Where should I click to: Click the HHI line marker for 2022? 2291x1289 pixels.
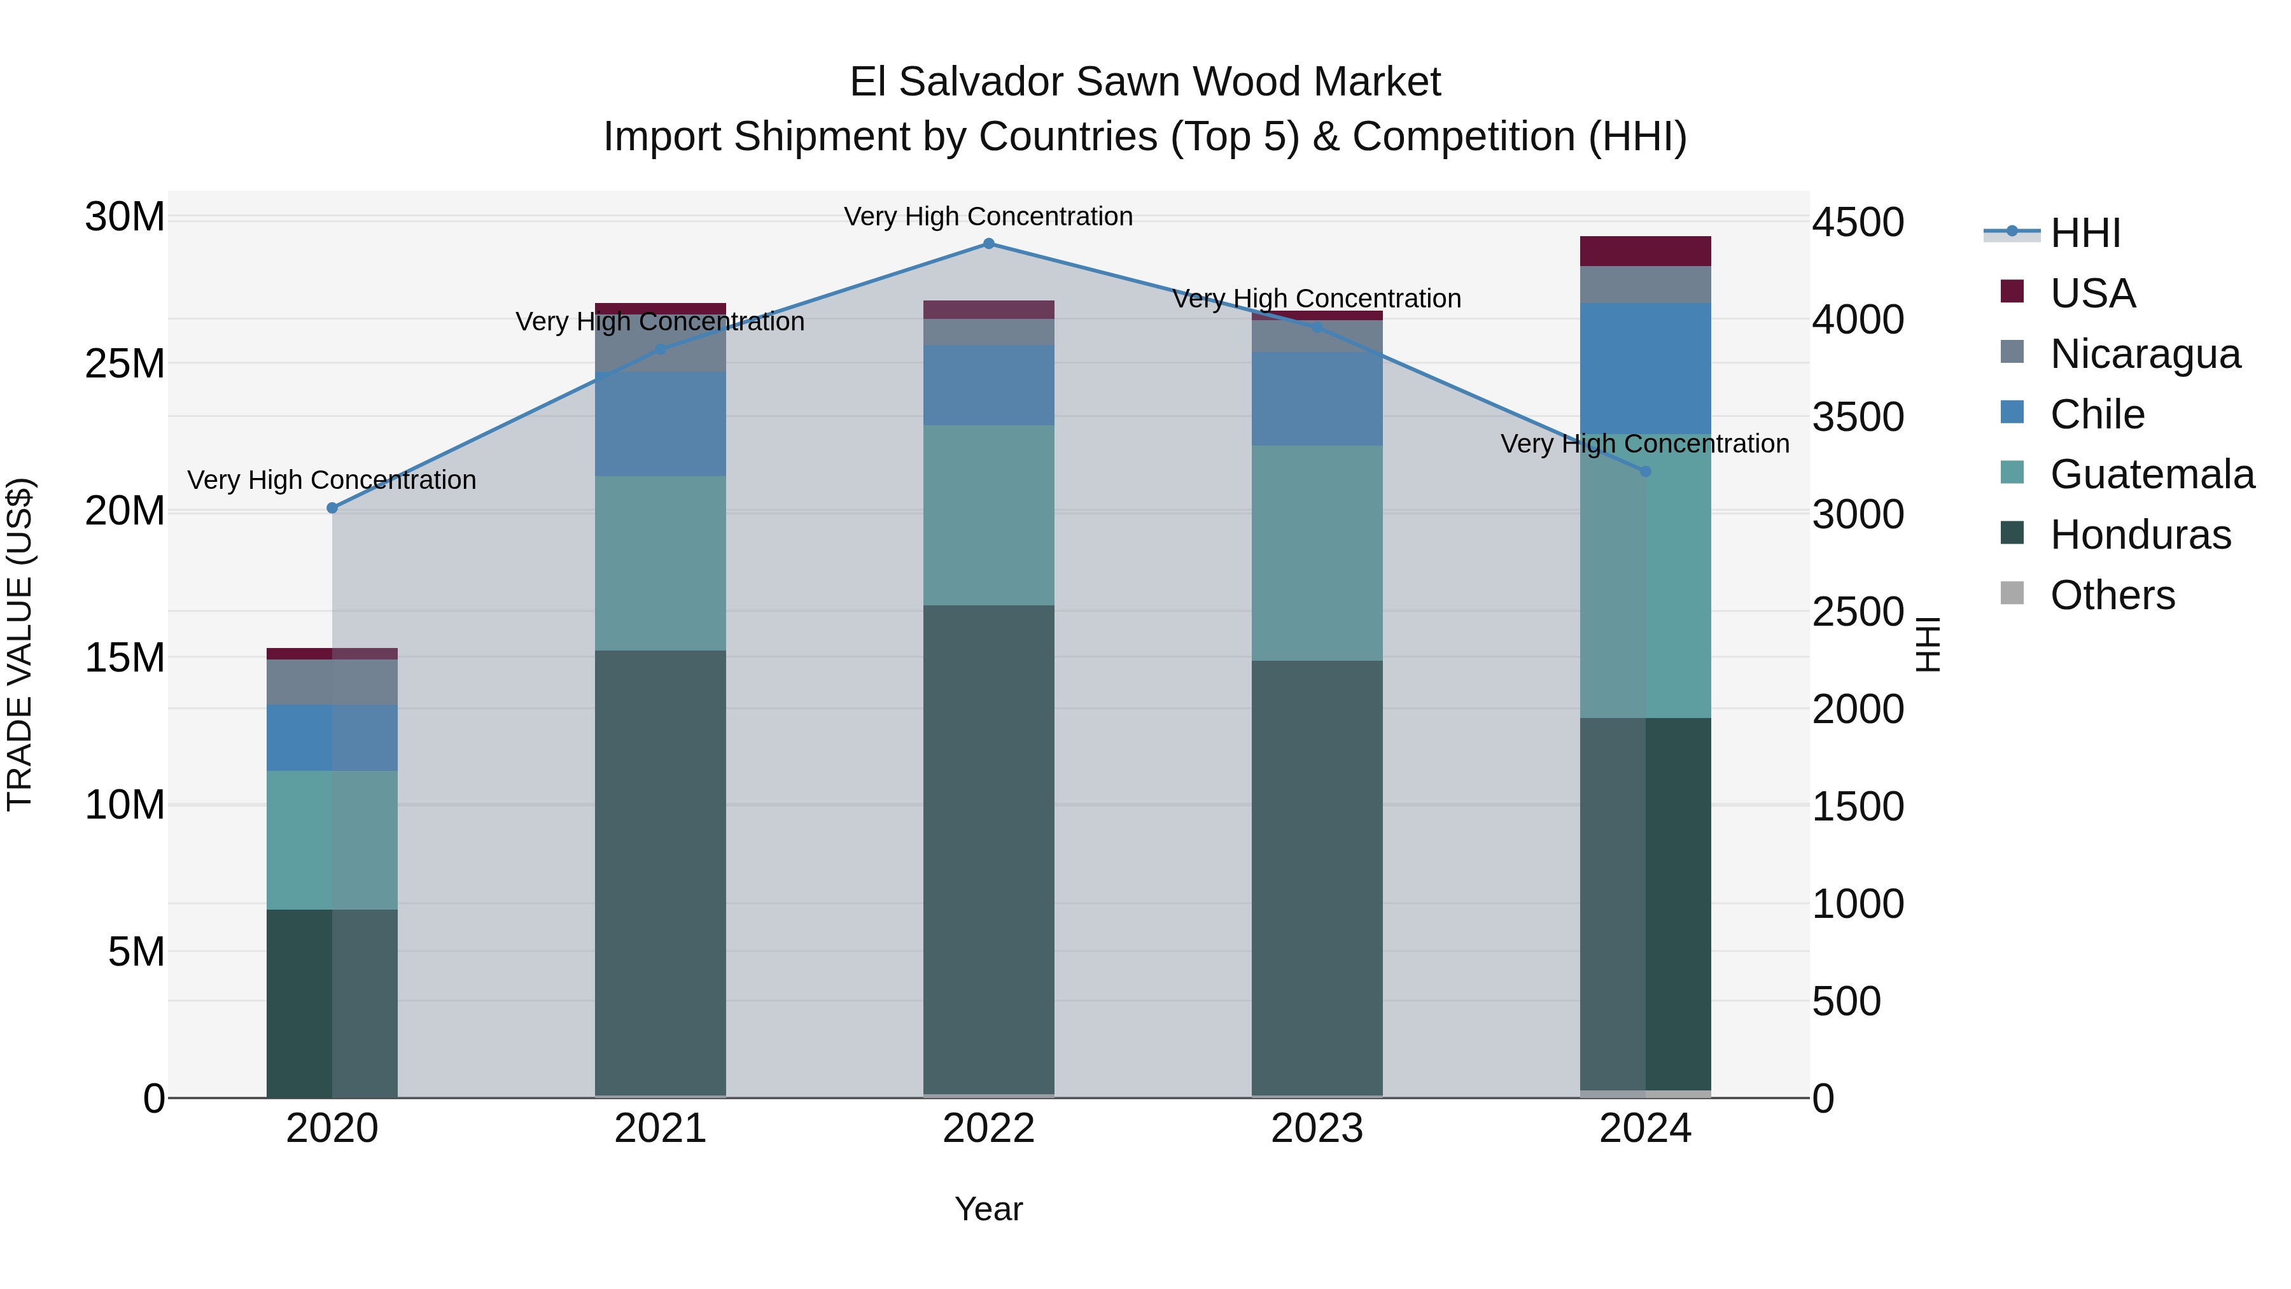pyautogui.click(x=988, y=244)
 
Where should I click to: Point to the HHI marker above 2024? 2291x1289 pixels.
pyautogui.click(x=1644, y=472)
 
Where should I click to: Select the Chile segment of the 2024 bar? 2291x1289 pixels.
pyautogui.click(x=1644, y=369)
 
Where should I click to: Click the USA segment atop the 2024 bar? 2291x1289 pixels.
pyautogui.click(x=1644, y=251)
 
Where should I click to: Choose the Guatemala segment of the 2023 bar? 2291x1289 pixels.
pyautogui.click(x=1316, y=553)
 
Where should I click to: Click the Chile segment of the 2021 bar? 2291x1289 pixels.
pyautogui.click(x=660, y=425)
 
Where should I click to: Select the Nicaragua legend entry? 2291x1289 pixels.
pyautogui.click(x=2144, y=354)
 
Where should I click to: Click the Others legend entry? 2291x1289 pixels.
pyautogui.click(x=2112, y=595)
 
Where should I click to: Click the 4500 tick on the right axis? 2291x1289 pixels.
pyautogui.click(x=1858, y=222)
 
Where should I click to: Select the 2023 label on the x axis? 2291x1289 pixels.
pyautogui.click(x=1316, y=1129)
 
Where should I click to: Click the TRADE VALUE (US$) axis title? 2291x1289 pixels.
pyautogui.click(x=20, y=644)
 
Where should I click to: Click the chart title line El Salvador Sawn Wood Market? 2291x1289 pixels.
pyautogui.click(x=1145, y=82)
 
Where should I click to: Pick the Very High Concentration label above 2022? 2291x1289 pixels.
pyautogui.click(x=988, y=216)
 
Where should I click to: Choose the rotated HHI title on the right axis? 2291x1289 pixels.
pyautogui.click(x=1927, y=644)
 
